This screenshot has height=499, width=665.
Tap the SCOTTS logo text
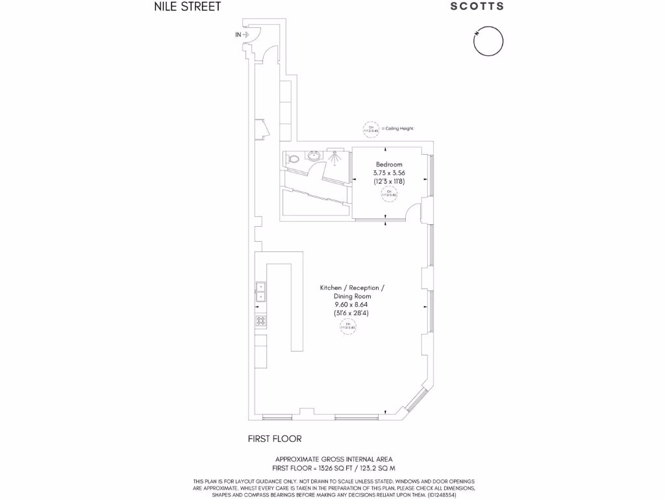click(477, 6)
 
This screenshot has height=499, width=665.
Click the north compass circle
click(487, 43)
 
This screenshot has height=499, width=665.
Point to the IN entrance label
click(238, 34)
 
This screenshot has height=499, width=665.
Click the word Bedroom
click(389, 164)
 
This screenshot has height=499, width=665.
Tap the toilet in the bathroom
click(294, 158)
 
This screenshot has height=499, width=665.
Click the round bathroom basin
click(314, 156)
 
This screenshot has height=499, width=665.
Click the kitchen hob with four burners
click(261, 320)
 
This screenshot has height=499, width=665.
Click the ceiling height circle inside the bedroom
click(389, 193)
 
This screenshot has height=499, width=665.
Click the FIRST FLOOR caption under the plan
click(275, 439)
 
